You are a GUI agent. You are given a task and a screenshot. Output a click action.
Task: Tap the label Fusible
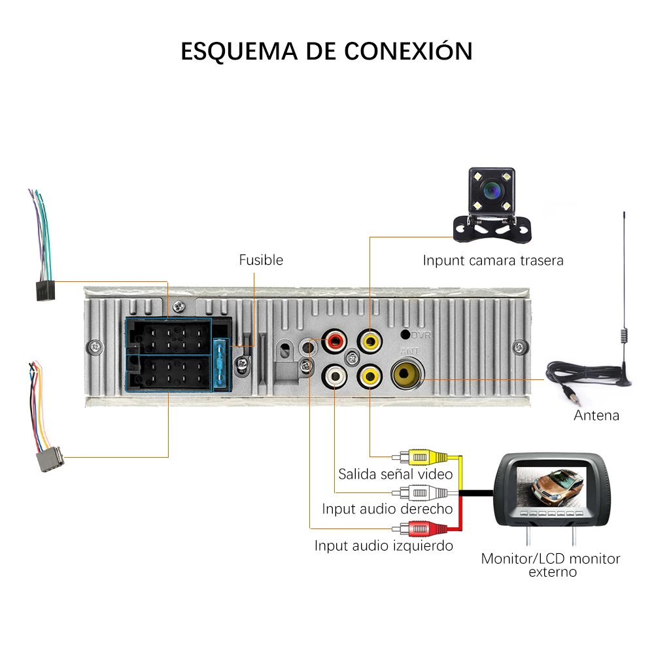point(261,260)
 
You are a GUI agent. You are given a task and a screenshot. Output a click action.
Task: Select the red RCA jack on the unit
point(336,341)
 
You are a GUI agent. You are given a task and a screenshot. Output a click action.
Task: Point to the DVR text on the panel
point(421,335)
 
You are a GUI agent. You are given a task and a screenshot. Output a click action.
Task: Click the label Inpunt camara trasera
point(492,261)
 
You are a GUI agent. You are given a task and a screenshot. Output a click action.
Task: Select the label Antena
point(596,416)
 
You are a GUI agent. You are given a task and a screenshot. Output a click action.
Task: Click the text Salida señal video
point(395,473)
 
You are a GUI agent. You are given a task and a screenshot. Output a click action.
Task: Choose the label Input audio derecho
point(387,509)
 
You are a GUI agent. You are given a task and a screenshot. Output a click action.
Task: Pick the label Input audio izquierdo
point(383,545)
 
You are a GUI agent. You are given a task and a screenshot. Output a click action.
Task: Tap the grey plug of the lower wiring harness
point(47,459)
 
